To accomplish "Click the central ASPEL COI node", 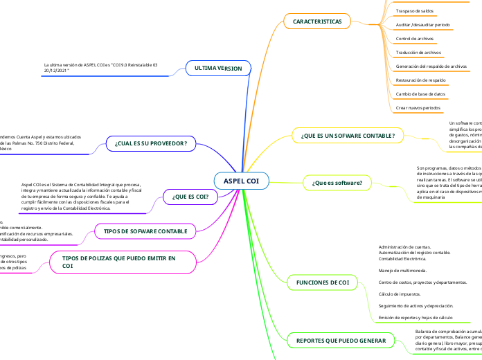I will [241, 181].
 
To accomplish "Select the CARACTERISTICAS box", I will [317, 21].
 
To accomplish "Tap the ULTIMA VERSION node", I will [218, 69].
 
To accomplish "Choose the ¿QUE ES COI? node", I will [190, 197].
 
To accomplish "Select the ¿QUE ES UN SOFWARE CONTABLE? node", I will [348, 136].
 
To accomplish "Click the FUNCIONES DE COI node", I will [322, 282].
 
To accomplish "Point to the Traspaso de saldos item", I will [414, 11].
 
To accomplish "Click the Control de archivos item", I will [414, 39].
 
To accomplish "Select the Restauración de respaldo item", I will [420, 80].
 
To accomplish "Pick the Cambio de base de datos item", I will [420, 93].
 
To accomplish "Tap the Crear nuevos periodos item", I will [418, 108].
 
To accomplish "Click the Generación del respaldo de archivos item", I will [431, 66].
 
